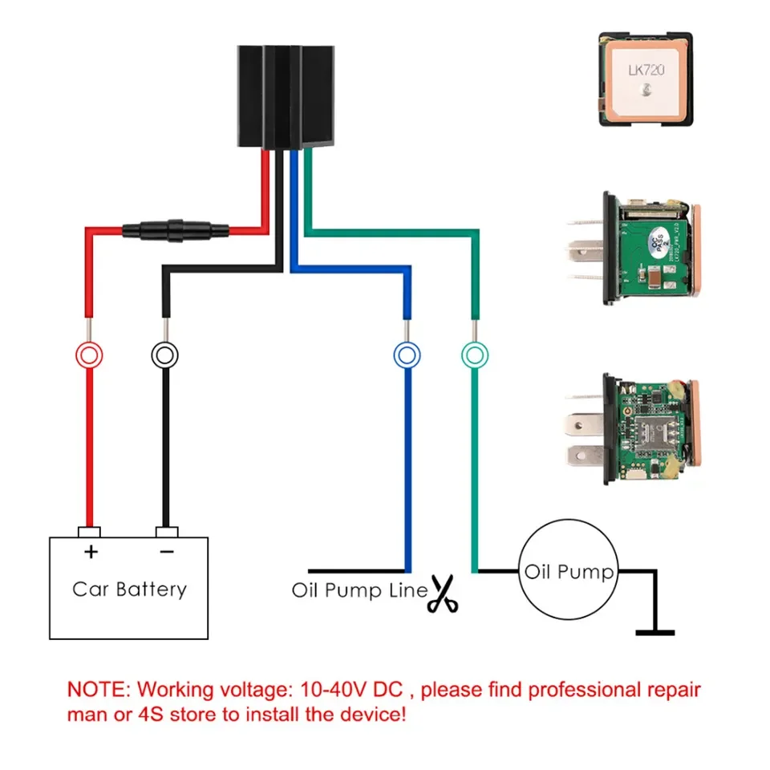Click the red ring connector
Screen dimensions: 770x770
89,355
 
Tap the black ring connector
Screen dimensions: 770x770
165,355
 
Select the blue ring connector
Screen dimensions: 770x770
407,355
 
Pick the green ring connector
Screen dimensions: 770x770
475,355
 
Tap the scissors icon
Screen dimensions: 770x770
442,594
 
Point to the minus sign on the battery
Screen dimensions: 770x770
166,552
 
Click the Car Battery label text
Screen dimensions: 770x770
129,590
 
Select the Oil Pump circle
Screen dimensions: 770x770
568,573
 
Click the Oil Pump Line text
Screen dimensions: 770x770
359,592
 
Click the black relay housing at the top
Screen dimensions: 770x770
286,96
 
